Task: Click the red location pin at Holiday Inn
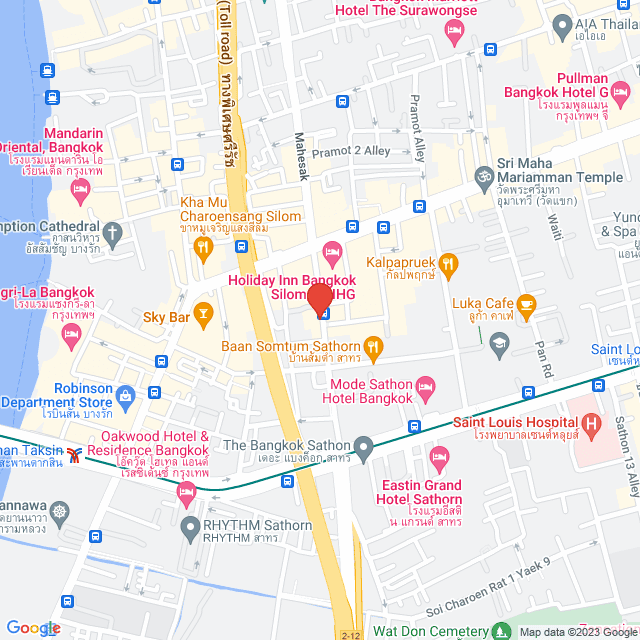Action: pos(319,298)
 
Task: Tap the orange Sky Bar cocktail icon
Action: pos(204,316)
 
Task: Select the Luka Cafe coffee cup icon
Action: pos(525,303)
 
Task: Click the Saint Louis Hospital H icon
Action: pos(593,426)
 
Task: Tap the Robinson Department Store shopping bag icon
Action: pos(125,394)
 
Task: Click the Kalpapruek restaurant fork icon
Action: pos(448,263)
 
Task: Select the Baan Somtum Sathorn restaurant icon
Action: pos(374,348)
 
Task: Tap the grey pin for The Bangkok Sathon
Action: pos(364,445)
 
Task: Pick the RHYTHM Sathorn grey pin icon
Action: pos(189,525)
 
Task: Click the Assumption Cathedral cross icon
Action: pos(113,237)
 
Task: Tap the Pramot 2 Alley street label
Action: pos(350,151)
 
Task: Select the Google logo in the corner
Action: pos(33,628)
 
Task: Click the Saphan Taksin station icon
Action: pos(75,455)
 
